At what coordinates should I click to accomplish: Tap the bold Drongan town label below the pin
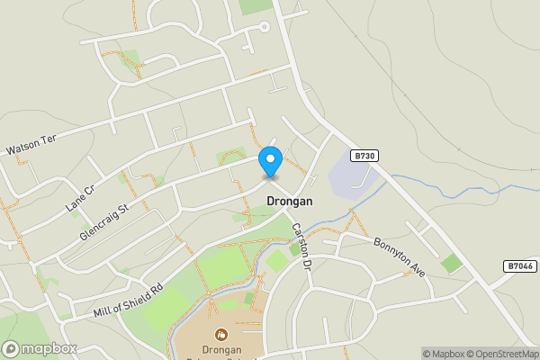[290, 202]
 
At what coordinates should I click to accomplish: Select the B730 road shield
[363, 156]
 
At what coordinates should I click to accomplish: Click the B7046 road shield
[519, 266]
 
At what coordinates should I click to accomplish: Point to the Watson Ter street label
[31, 142]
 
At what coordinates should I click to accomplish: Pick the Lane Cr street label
[80, 199]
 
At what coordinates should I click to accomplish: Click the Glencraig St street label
[105, 220]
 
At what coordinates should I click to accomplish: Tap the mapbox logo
[40, 348]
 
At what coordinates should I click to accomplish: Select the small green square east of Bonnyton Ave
[452, 263]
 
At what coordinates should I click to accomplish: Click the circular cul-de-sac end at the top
[265, 27]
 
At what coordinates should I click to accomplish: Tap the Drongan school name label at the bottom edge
[216, 351]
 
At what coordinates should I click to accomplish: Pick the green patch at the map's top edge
[256, 5]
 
